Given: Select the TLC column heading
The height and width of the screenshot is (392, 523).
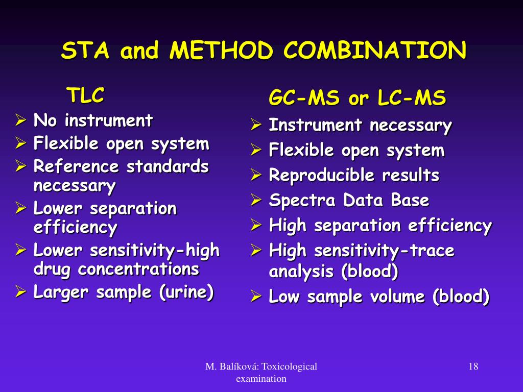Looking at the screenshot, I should [x=85, y=95].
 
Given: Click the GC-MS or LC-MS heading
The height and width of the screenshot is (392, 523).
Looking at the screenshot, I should [x=357, y=99].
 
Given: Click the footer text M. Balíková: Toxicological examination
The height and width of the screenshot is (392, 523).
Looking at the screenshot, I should [x=261, y=372].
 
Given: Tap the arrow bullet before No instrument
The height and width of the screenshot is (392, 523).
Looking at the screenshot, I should [x=20, y=121].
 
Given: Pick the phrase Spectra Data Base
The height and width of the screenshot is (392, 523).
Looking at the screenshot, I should [x=349, y=201].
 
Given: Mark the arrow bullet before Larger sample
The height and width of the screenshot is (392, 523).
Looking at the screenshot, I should [x=20, y=292].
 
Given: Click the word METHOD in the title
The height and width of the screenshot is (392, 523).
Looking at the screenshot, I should [x=221, y=51].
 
